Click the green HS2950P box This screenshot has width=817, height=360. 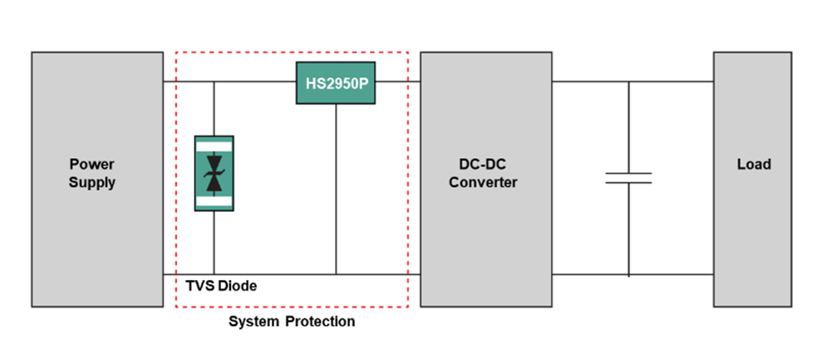pyautogui.click(x=335, y=83)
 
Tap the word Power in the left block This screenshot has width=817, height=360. pyautogui.click(x=91, y=165)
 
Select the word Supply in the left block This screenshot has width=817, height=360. pyautogui.click(x=91, y=183)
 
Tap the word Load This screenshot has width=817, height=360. pyautogui.click(x=753, y=165)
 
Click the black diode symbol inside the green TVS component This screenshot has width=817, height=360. pyautogui.click(x=214, y=173)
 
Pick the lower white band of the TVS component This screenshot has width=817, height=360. pyautogui.click(x=214, y=200)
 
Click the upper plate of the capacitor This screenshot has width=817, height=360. pyautogui.click(x=628, y=174)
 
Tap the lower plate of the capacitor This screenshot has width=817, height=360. pyautogui.click(x=628, y=183)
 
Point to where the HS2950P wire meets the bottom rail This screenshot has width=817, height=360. pyautogui.click(x=337, y=273)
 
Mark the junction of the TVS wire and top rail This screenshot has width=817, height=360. pyautogui.click(x=214, y=82)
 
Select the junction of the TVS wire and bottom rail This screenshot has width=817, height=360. pyautogui.click(x=214, y=273)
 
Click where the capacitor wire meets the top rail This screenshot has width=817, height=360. pyautogui.click(x=628, y=81)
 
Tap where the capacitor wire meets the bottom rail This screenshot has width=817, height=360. pyautogui.click(x=628, y=274)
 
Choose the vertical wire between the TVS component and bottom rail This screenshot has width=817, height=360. pyautogui.click(x=214, y=241)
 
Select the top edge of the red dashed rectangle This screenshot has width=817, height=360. pyautogui.click(x=291, y=52)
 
